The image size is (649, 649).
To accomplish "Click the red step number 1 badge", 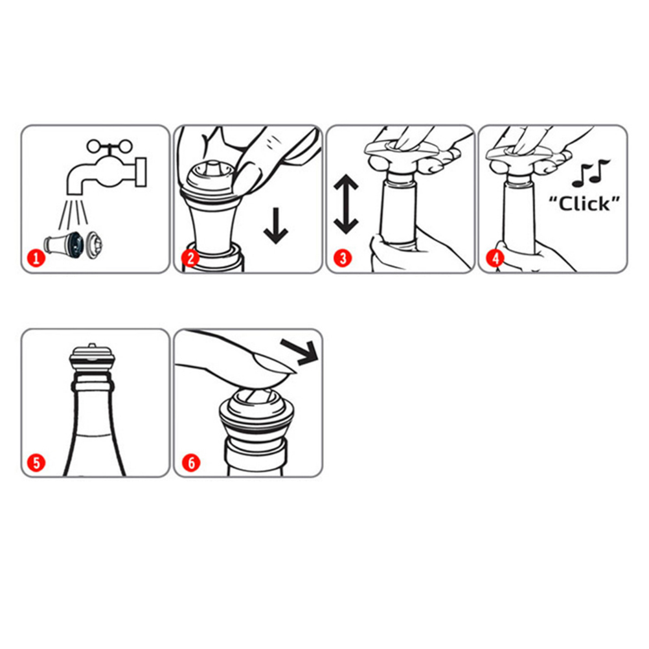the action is pyautogui.click(x=36, y=258).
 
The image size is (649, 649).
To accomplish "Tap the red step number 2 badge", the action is pyautogui.click(x=190, y=258).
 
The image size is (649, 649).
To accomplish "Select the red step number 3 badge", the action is pyautogui.click(x=343, y=258).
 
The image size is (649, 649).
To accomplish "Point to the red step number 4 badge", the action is pyautogui.click(x=495, y=258).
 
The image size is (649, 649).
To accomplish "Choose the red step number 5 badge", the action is pyautogui.click(x=36, y=462).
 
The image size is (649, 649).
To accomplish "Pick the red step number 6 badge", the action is pyautogui.click(x=190, y=462).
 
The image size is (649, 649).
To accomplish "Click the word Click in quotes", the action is pyautogui.click(x=584, y=203).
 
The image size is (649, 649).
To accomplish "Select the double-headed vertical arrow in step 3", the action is pyautogui.click(x=346, y=204).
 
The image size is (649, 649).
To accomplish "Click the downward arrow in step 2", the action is pyautogui.click(x=276, y=226).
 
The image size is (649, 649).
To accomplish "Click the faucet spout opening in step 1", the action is pyautogui.click(x=75, y=190).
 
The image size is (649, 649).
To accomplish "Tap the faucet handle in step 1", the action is pyautogui.click(x=109, y=146).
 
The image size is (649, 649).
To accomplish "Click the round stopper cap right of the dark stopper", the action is pyautogui.click(x=95, y=245).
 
